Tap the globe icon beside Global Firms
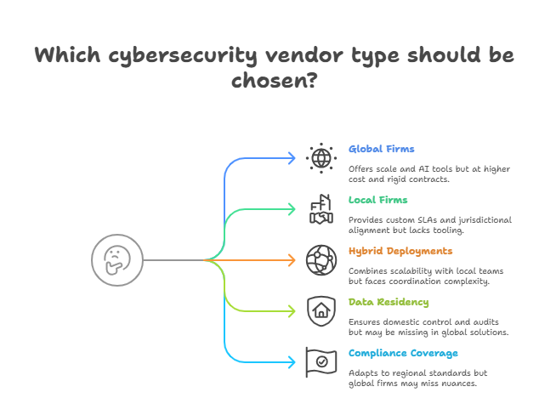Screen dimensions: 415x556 pos(321,157)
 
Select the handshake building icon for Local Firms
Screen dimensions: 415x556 pos(321,209)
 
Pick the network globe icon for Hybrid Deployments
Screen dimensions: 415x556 pos(321,259)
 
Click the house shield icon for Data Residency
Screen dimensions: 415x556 pos(321,310)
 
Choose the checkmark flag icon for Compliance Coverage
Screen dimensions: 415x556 pos(321,361)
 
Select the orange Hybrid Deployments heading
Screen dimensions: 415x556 pos(400,251)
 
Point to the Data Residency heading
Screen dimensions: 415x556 pos(389,302)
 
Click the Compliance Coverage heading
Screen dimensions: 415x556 pos(403,353)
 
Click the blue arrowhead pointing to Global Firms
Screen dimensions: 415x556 pos(292,157)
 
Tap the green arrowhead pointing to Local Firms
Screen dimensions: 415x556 pos(292,209)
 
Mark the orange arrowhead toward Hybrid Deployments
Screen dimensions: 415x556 pos(292,259)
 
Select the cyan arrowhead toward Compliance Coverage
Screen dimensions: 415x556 pos(292,361)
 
